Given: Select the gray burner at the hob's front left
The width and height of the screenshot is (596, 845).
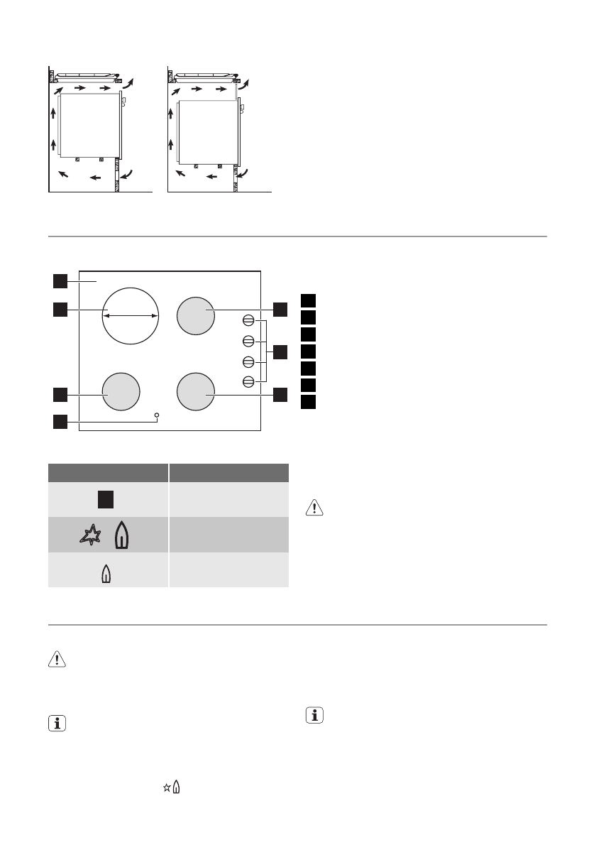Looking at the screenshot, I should tap(121, 393).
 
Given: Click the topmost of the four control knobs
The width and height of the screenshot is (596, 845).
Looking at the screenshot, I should tap(248, 320).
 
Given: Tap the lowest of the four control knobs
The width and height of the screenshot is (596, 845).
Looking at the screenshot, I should tap(248, 381).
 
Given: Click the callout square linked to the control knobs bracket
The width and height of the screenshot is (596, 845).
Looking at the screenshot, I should tap(280, 351).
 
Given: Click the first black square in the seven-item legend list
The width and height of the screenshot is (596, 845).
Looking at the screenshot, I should tap(307, 300).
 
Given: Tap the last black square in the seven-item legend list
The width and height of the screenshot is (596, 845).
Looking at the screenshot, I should tap(307, 403).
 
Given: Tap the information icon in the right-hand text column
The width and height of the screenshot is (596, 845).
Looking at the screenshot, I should tap(314, 716).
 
